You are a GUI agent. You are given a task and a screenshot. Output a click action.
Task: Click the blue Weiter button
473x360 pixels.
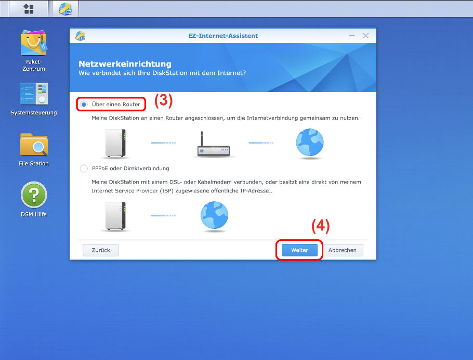pos(299,250)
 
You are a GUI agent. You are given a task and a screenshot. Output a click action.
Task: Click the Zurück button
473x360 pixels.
pos(101,250)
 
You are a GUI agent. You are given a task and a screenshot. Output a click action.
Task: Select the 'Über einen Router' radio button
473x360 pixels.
pos(84,105)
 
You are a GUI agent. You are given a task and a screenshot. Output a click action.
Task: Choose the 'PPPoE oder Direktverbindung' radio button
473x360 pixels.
pos(84,169)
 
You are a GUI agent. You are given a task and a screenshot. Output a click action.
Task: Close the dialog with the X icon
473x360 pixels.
pos(366,36)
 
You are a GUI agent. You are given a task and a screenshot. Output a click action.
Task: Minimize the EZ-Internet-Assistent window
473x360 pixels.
pos(352,36)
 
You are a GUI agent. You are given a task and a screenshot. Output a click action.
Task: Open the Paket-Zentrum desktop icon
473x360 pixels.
pos(33,43)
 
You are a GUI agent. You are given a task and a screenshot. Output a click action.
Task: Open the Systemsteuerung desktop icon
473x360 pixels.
pos(33,94)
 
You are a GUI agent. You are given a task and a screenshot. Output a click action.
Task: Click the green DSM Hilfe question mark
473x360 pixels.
pos(33,195)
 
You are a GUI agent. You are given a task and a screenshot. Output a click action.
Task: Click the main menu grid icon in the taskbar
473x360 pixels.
pos(29,9)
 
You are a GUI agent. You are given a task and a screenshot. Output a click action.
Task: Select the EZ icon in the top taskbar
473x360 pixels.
pos(65,9)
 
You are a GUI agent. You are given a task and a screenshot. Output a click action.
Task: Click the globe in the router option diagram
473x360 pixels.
pos(310,143)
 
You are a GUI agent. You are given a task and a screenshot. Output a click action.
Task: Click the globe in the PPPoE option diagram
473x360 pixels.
pos(214,215)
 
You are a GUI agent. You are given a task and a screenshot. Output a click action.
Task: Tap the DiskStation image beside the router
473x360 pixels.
pos(115,143)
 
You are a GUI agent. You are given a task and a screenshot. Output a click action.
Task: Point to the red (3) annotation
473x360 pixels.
pos(164,100)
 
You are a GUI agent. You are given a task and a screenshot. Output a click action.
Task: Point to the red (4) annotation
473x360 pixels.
pos(320,226)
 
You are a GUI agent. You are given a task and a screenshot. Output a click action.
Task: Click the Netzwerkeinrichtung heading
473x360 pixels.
pos(125,63)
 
